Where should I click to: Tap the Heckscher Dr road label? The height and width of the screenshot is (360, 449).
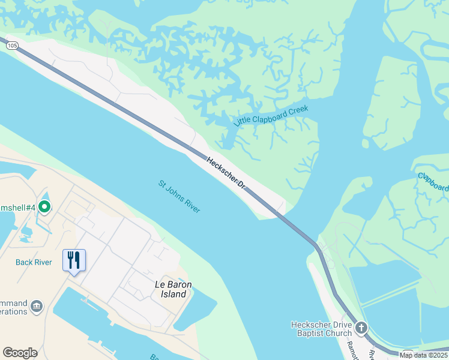226,173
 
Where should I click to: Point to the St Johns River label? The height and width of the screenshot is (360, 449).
179,196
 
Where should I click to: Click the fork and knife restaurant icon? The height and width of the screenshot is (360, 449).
74,260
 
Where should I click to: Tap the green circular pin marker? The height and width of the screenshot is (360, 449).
44,207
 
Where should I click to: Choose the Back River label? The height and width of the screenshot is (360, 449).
32,262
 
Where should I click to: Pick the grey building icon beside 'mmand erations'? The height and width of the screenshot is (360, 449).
37,307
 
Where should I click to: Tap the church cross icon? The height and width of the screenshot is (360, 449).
361,328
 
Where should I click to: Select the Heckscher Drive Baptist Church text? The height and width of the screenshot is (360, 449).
321,329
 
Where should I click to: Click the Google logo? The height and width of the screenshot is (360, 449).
20,353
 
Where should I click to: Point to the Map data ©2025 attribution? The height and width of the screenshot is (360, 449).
423,355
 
